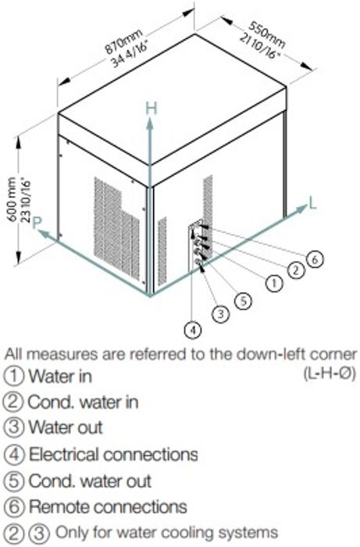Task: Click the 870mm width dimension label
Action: (x=123, y=41)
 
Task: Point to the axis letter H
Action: (x=151, y=109)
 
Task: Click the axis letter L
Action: (x=312, y=202)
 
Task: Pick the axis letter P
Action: (x=37, y=223)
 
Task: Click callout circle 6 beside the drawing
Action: (x=315, y=259)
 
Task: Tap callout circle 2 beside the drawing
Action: (x=296, y=270)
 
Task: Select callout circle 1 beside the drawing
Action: (x=275, y=283)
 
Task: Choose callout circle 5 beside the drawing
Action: (x=243, y=301)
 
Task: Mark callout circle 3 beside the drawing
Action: (x=220, y=314)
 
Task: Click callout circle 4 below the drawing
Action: (x=192, y=329)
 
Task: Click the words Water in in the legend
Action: (x=60, y=376)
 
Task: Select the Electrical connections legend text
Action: (x=113, y=454)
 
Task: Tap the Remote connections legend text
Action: (x=108, y=506)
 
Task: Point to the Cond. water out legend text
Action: (x=90, y=481)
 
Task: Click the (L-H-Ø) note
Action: (x=330, y=374)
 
